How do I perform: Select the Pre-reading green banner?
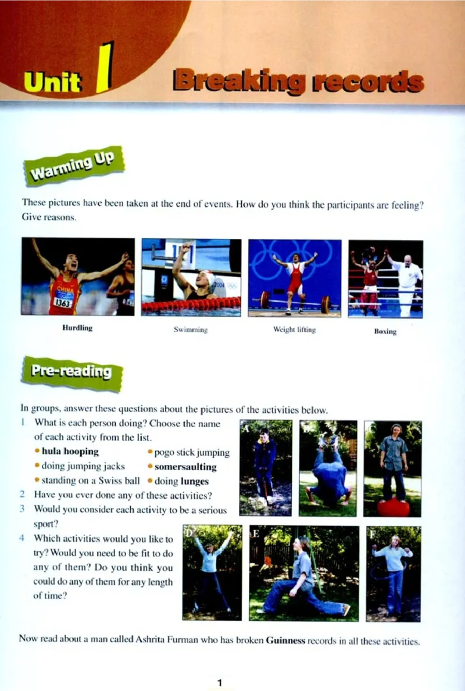pos(72,373)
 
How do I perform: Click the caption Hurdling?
pos(77,328)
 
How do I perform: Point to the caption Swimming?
pos(191,330)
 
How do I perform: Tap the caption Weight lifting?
pos(295,330)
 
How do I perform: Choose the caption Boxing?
pos(385,331)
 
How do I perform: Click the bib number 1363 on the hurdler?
pos(62,302)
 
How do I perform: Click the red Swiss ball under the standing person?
pos(393,507)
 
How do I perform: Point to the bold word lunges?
pos(194,481)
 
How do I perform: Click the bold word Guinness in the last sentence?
pos(285,640)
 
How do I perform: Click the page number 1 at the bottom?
pos(220,683)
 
